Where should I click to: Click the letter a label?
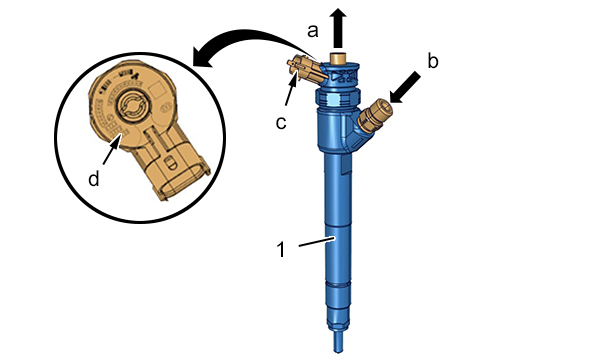pos(312,31)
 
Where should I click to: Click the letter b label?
pos(432,61)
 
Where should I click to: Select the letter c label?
pos(281,123)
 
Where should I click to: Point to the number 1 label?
pos(281,249)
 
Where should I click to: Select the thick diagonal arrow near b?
pos(405,87)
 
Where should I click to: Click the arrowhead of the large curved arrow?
pos(203,57)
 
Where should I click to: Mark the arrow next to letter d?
pos(111,149)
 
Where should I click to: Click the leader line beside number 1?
pos(317,241)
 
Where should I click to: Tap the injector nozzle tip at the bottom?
pos(338,342)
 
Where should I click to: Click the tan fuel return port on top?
pos(338,57)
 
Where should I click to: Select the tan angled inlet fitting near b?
pos(376,115)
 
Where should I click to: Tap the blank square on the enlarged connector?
pos(158,89)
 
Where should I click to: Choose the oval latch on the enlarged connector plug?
pos(169,162)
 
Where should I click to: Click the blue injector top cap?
pos(340,73)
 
